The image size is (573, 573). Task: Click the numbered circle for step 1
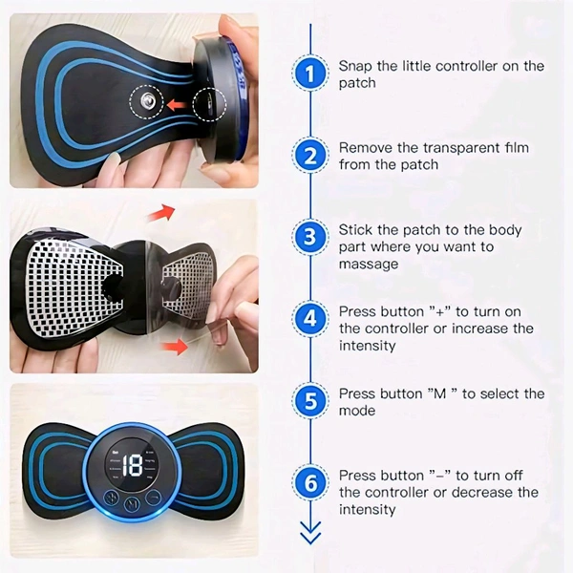coord(310,74)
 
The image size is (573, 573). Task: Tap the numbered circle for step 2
coord(310,156)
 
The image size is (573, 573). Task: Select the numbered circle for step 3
coord(310,237)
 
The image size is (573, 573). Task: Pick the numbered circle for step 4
coord(310,319)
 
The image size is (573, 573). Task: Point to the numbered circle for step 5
coord(310,400)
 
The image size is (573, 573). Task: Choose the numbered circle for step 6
coord(310,482)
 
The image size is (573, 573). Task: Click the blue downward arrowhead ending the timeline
coord(310,533)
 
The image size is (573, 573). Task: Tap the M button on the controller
coord(132,504)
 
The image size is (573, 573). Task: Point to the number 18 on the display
coord(132,466)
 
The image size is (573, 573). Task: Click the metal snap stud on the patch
coord(148,99)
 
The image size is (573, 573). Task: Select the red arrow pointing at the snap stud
coord(177,105)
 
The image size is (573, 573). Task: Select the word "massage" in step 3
coord(369,264)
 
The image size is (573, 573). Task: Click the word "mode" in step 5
coord(357,411)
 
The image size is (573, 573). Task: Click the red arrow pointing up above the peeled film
coord(160,213)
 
